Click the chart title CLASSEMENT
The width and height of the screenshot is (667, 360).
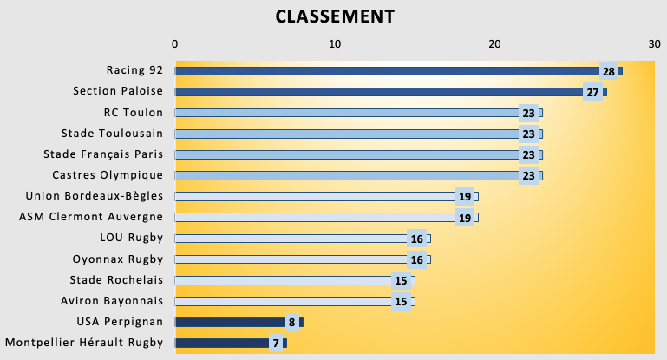(335, 16)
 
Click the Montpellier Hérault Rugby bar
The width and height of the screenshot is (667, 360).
(220, 344)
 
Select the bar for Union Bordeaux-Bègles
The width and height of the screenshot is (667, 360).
(312, 197)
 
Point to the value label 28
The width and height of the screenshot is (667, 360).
(608, 71)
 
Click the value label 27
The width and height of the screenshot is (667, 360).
(592, 92)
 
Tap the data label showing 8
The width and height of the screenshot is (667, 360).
(292, 323)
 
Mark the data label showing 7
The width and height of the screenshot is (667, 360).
(276, 344)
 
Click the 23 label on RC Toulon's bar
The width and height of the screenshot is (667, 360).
(528, 113)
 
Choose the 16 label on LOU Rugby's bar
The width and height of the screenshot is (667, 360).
(416, 239)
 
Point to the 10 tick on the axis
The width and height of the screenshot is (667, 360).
(335, 43)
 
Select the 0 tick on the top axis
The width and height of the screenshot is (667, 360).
(175, 43)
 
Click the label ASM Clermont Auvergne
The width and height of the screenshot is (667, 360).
(91, 218)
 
